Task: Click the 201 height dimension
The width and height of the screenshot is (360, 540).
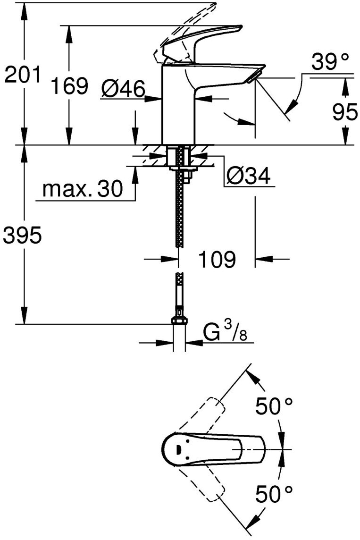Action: pyautogui.click(x=22, y=75)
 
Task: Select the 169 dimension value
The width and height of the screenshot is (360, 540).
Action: pyautogui.click(x=70, y=87)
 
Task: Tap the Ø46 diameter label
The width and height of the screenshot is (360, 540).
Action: pyautogui.click(x=123, y=88)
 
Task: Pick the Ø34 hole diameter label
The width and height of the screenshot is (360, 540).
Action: pyautogui.click(x=248, y=177)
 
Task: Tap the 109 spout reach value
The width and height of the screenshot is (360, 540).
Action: pyautogui.click(x=217, y=259)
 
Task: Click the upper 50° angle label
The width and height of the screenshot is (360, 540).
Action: pyautogui.click(x=274, y=406)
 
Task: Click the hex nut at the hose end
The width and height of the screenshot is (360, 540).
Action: pyautogui.click(x=179, y=321)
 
